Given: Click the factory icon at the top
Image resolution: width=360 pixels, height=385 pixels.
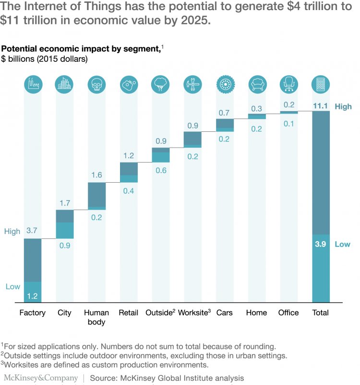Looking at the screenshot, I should tap(33, 85).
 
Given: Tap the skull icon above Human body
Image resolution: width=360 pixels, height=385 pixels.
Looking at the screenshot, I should tap(96, 85).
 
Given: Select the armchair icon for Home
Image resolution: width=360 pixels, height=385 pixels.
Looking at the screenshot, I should tap(257, 85).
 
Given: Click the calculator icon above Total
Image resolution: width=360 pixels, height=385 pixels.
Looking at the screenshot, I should tap(321, 85).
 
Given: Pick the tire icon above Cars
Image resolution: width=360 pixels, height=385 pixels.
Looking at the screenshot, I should tap(225, 85).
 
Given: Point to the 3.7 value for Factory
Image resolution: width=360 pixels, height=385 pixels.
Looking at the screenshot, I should tap(33, 231).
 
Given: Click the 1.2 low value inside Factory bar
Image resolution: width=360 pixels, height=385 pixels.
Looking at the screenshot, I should tap(33, 296).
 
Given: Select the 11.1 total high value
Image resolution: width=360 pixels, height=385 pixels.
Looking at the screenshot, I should tap(321, 106).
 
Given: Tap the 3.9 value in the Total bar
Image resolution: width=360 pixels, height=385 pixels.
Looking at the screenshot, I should tap(321, 244).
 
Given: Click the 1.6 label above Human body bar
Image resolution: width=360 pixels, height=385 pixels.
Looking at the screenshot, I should tap(96, 175).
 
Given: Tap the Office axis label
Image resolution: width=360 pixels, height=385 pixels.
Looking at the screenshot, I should tap(288, 313).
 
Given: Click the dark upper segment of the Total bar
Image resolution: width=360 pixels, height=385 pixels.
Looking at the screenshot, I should tap(321, 173).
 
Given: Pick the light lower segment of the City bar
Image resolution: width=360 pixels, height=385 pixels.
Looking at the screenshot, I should tap(65, 230).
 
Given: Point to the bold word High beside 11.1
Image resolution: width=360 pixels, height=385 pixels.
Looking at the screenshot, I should tap(343, 106).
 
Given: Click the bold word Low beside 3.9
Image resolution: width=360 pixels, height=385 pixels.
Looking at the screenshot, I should tap(343, 244).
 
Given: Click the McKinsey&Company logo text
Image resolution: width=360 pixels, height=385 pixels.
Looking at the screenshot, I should tap(41, 378).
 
